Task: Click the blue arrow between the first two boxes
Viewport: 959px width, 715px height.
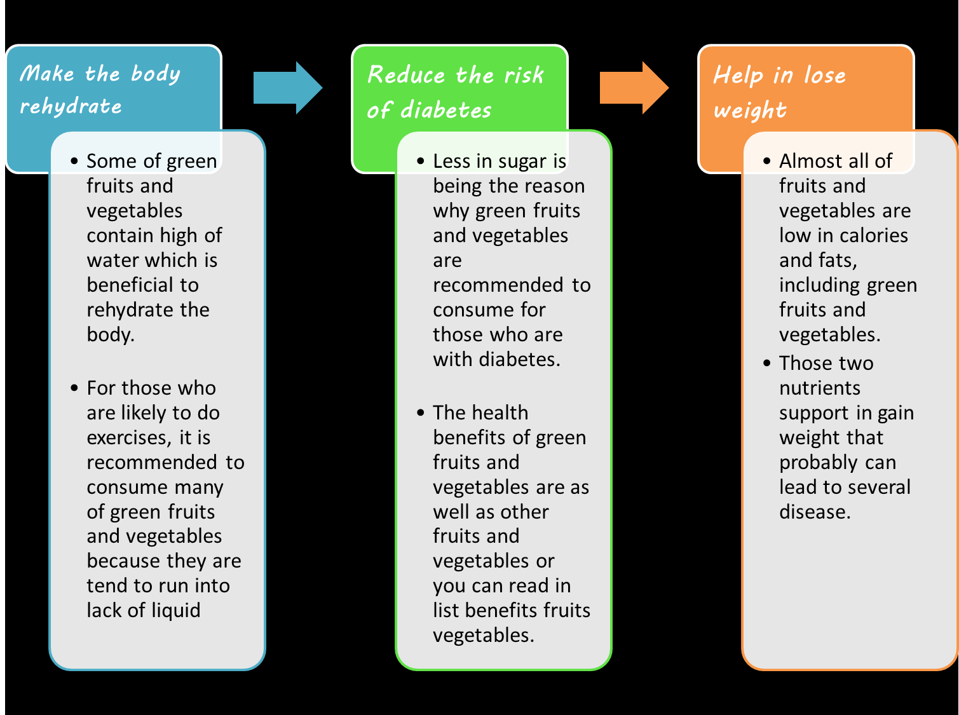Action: (x=287, y=88)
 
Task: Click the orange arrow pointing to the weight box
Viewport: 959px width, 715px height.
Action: (x=634, y=88)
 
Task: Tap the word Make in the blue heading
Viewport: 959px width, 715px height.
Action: (x=47, y=73)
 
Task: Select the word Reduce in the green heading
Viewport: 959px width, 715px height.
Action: (x=406, y=75)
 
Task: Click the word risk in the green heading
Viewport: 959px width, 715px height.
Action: (x=524, y=75)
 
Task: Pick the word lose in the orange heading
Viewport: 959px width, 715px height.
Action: (x=826, y=75)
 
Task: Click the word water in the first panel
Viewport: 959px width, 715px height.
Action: (x=111, y=261)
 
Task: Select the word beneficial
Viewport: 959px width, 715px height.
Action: (x=130, y=285)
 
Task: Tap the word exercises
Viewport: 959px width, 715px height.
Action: (x=126, y=438)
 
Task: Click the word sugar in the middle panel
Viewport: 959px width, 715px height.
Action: (x=522, y=162)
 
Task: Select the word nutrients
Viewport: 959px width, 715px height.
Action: (x=820, y=388)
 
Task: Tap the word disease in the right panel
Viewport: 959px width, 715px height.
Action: (x=815, y=512)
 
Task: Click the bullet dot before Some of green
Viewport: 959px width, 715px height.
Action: (x=74, y=161)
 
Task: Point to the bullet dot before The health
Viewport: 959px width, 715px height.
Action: (x=421, y=412)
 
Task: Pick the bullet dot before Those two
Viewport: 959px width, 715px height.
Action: (x=767, y=363)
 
